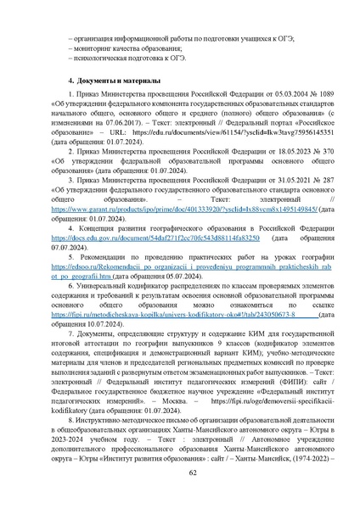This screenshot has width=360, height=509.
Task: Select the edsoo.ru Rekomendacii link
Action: [x=183, y=265]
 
